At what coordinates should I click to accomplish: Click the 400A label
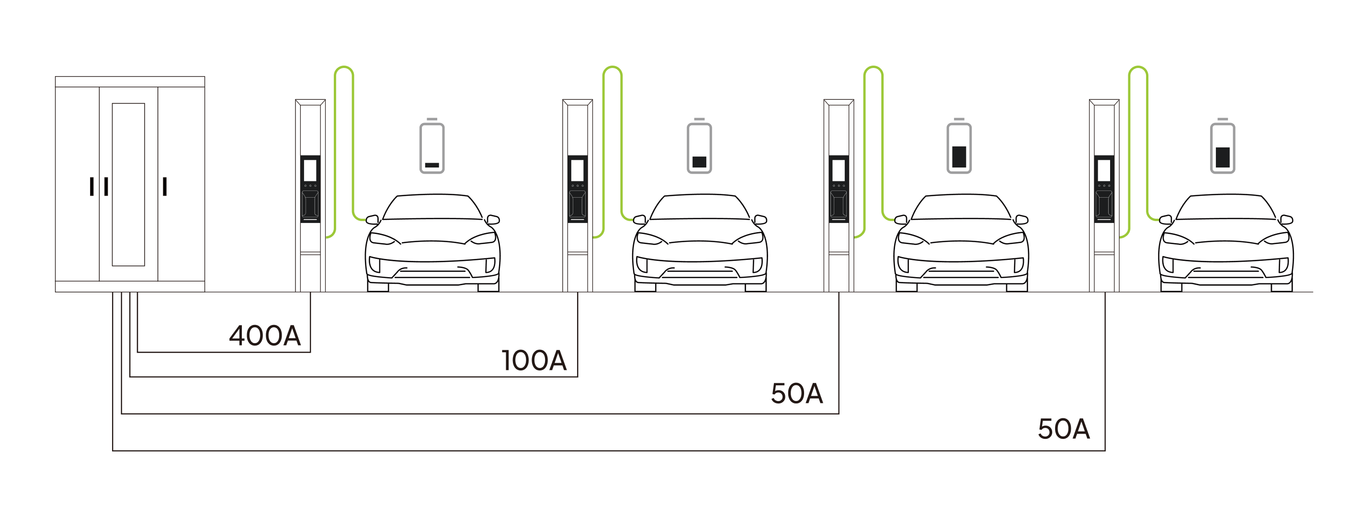click(265, 336)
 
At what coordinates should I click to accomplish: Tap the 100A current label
click(534, 361)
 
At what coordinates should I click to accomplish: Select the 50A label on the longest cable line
click(1064, 429)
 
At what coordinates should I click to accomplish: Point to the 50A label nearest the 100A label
click(797, 393)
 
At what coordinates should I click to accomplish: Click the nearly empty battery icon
click(432, 147)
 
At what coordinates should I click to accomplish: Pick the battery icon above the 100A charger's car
click(700, 147)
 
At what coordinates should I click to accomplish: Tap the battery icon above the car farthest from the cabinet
click(1223, 147)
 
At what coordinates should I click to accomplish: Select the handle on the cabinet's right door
click(164, 187)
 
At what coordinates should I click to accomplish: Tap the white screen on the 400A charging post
click(310, 170)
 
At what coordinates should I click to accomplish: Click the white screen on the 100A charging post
click(578, 170)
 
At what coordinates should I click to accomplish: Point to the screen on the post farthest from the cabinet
click(1104, 170)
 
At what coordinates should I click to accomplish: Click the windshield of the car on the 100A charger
click(700, 209)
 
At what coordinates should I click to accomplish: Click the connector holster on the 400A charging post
click(310, 205)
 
